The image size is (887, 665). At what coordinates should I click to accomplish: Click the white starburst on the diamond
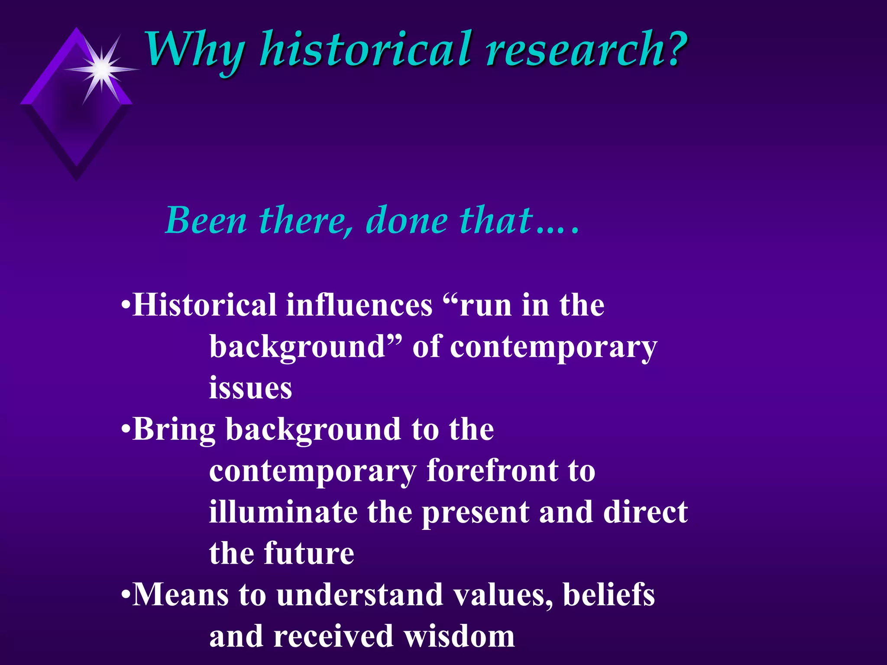102,69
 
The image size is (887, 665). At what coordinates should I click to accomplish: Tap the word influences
359,305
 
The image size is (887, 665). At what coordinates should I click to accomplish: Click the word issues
250,388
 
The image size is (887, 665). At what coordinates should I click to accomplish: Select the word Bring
174,430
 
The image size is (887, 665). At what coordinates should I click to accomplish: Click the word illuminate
283,512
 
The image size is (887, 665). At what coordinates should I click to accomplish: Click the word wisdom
459,636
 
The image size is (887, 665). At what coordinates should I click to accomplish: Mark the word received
333,636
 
